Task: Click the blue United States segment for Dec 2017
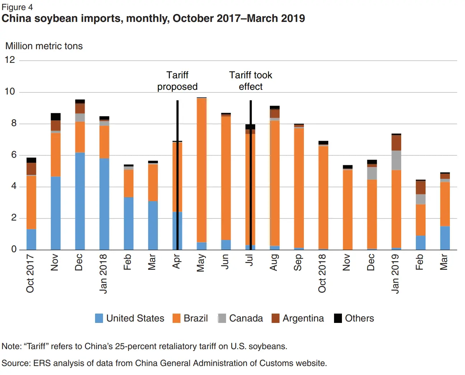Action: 80,201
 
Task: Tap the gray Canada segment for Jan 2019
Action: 396,160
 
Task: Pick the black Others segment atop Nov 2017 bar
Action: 56,117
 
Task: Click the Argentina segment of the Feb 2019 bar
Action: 421,187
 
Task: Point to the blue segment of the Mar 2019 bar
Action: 445,238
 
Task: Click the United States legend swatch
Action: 99,318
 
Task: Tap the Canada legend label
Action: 246,318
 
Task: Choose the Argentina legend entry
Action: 303,318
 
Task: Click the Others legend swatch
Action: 338,318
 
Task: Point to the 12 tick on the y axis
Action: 10,60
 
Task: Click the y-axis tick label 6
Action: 14,154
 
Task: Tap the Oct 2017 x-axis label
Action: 30,273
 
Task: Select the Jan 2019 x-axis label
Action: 395,273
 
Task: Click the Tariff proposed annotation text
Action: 177,81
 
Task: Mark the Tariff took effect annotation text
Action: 250,81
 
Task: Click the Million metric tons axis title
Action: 44,46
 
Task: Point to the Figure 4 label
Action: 17,7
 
